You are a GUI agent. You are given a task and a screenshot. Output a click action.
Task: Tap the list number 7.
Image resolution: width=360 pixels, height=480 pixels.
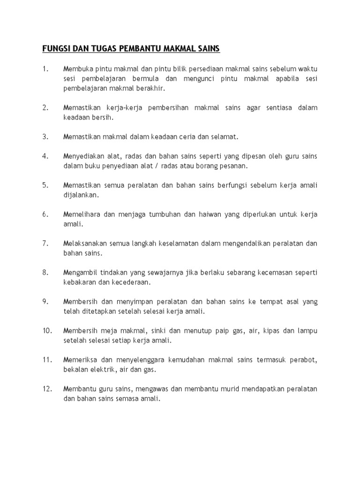(45, 243)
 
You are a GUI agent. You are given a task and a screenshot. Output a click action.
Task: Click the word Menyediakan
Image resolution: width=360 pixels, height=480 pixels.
(84, 156)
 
